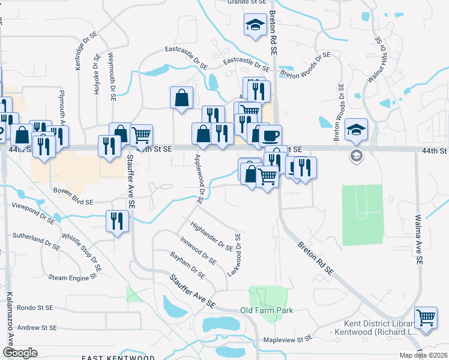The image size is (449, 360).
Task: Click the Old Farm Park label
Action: click(x=267, y=310)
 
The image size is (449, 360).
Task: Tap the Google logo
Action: click(x=20, y=353)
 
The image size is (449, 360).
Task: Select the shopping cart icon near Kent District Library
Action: click(x=426, y=317)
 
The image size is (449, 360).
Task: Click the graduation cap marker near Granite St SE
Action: click(x=255, y=25)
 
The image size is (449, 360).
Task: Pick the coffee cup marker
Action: click(x=270, y=136)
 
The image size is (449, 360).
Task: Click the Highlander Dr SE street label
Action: click(x=211, y=236)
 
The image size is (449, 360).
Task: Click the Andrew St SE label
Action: click(x=37, y=328)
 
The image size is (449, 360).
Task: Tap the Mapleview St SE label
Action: click(x=288, y=338)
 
